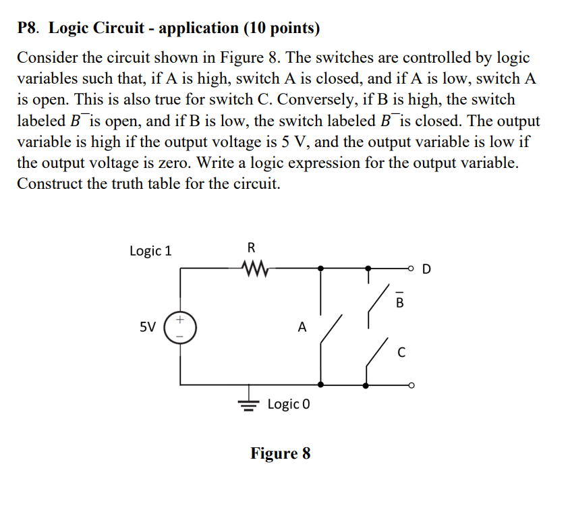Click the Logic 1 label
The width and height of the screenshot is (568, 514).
pyautogui.click(x=150, y=251)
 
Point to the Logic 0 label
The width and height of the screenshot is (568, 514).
pyautogui.click(x=289, y=405)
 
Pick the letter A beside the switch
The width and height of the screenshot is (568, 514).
pyautogui.click(x=302, y=328)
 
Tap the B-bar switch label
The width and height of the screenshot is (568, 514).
pyautogui.click(x=399, y=302)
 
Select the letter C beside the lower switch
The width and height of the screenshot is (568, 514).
pyautogui.click(x=401, y=352)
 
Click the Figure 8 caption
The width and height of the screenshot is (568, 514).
pyautogui.click(x=281, y=453)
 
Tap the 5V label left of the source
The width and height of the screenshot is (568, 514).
pyautogui.click(x=148, y=327)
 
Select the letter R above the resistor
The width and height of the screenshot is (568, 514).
pyautogui.click(x=252, y=246)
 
